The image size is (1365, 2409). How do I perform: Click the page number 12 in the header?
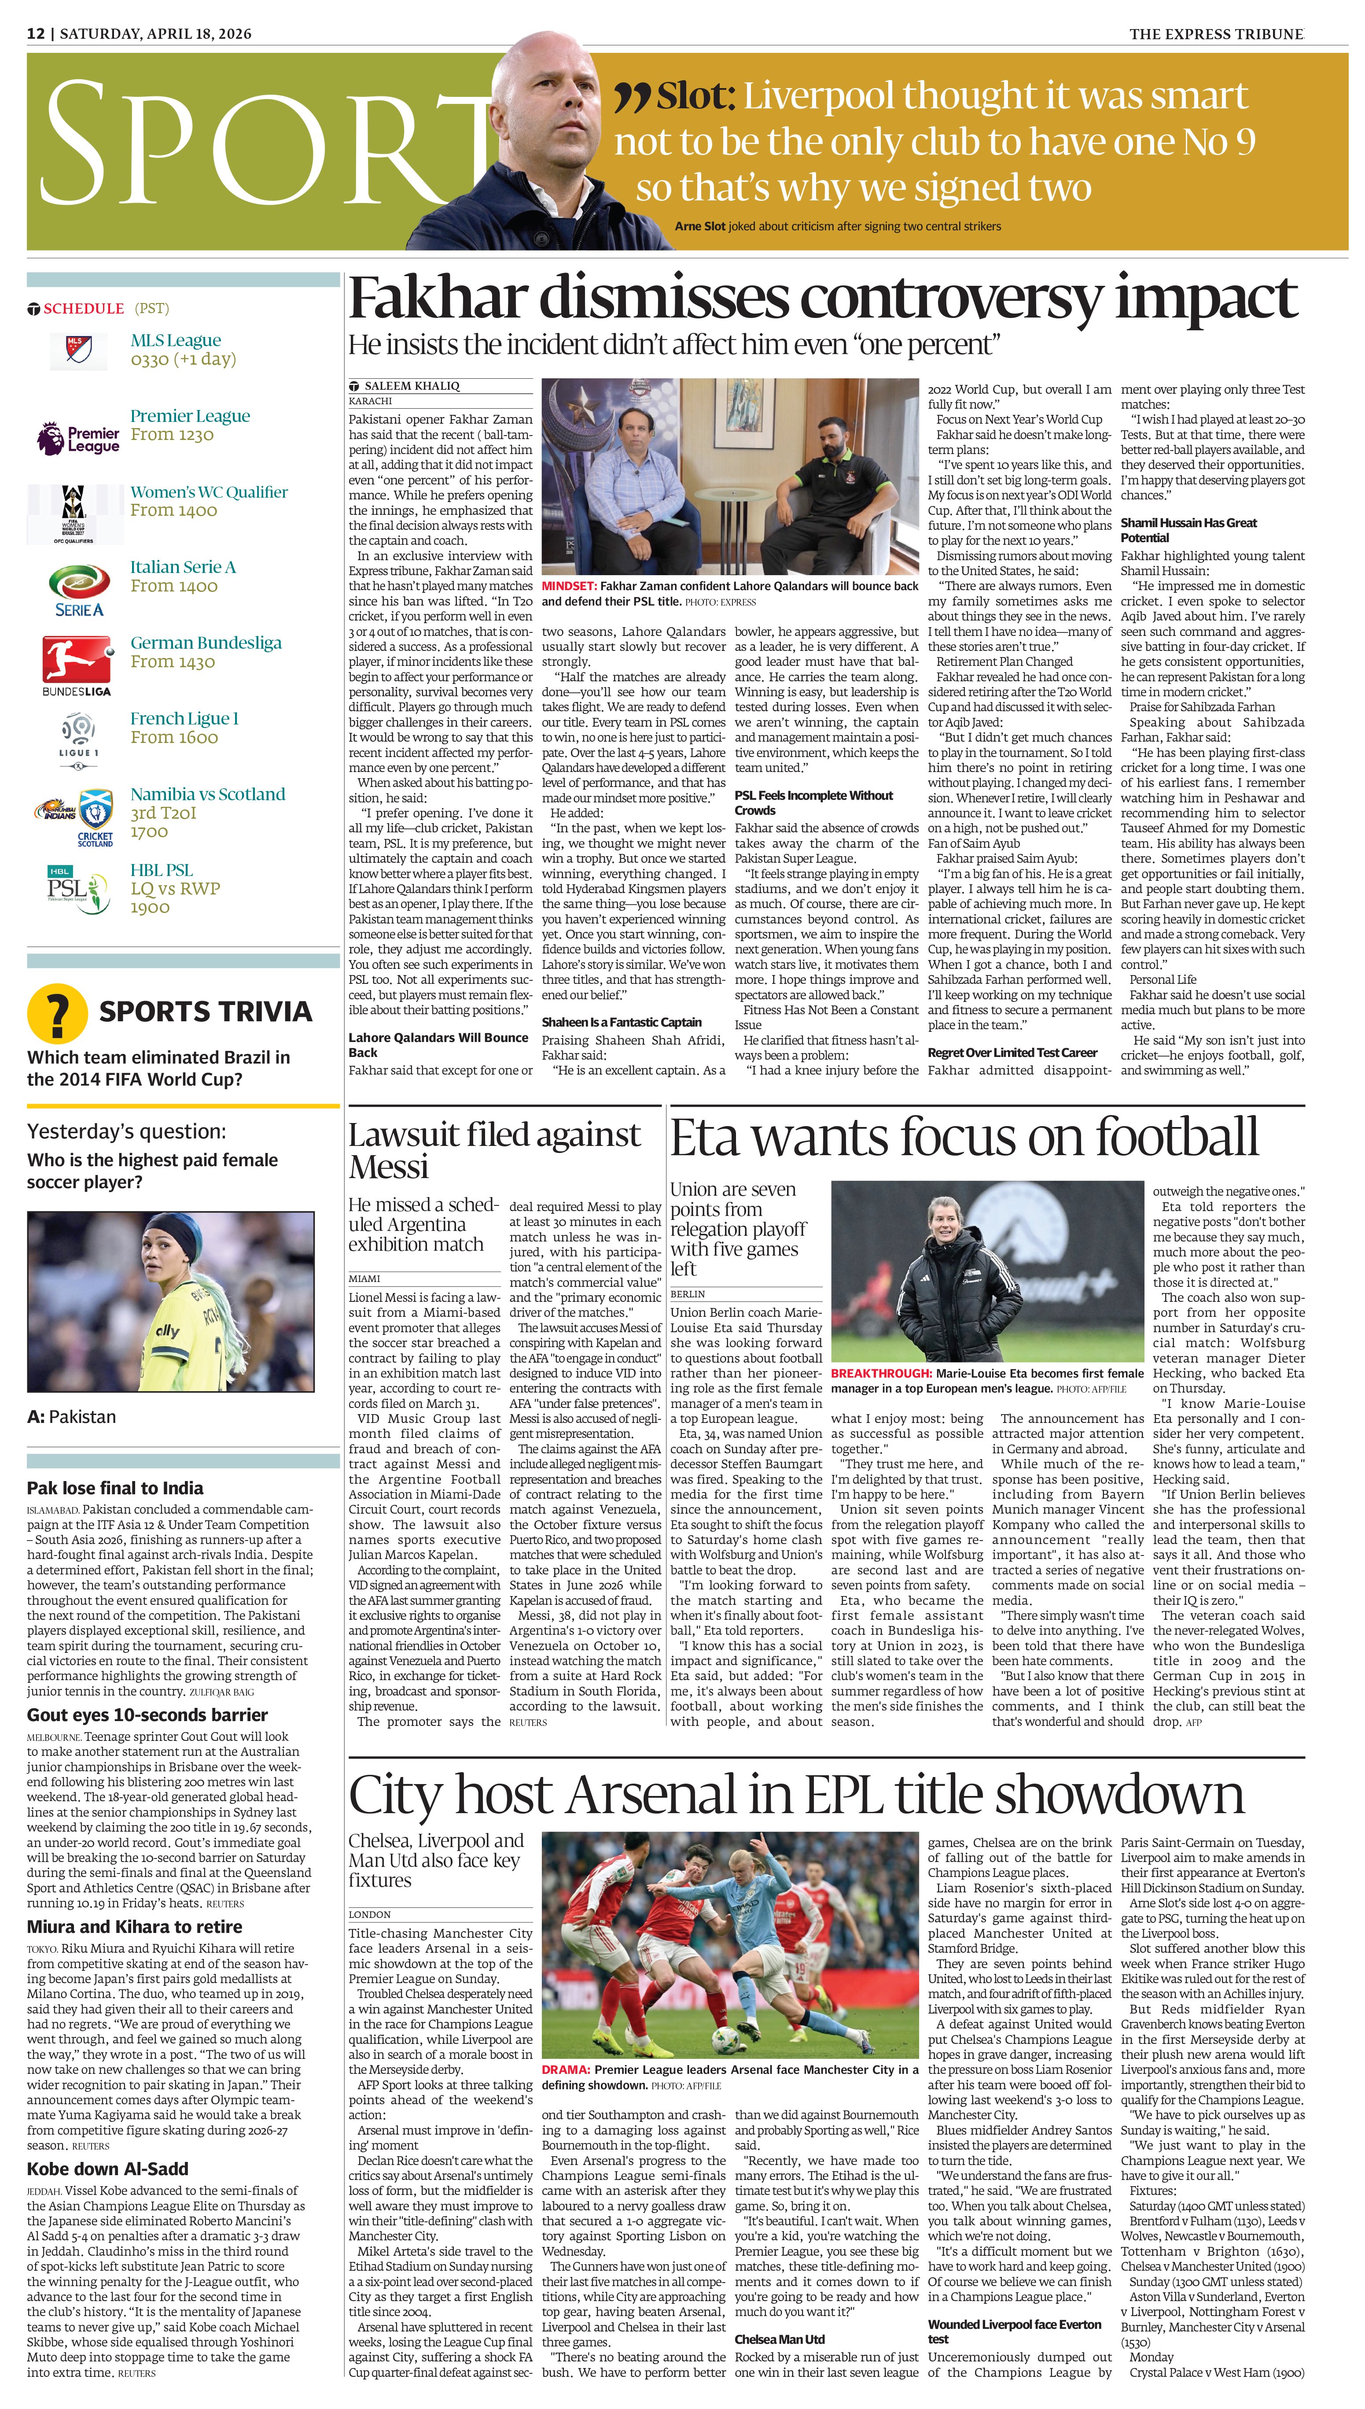[36, 34]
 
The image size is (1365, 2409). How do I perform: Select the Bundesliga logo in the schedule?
[77, 663]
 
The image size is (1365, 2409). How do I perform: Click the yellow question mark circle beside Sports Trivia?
[57, 1014]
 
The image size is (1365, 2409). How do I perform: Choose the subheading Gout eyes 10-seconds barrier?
[147, 1715]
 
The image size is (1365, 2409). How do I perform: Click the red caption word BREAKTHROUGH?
[880, 1373]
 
